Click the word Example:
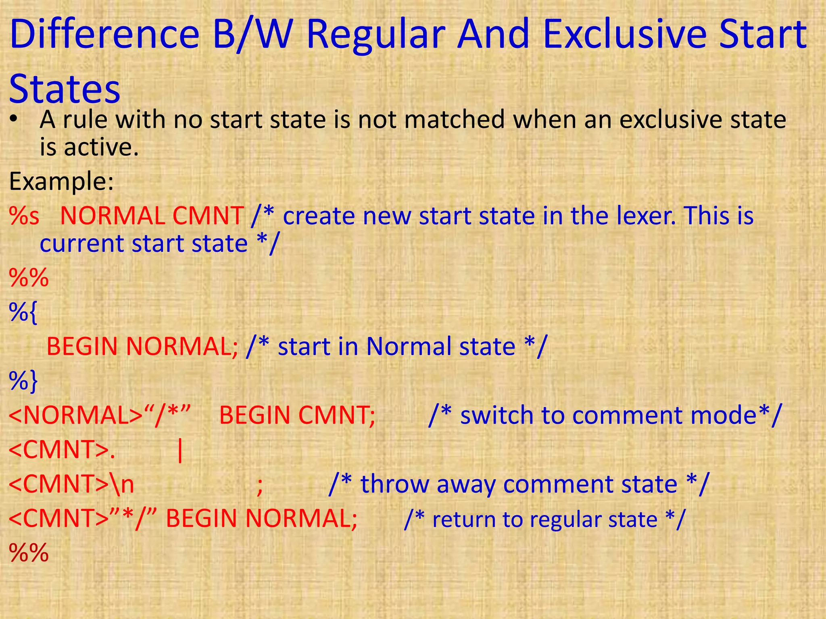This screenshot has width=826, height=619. coord(62,181)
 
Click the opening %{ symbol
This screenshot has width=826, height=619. coord(23,312)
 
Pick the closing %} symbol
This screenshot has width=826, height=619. coord(23,381)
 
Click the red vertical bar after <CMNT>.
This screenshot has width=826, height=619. coord(180,451)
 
